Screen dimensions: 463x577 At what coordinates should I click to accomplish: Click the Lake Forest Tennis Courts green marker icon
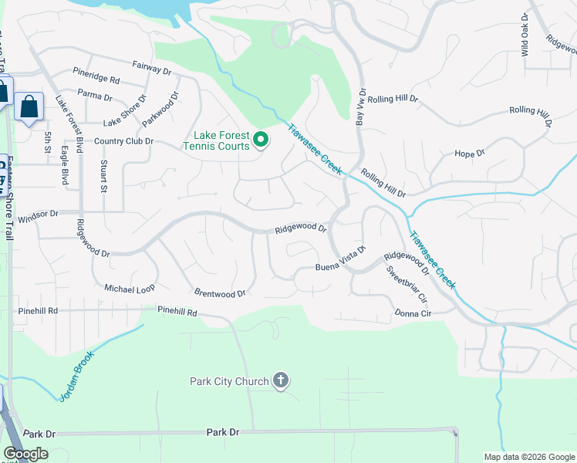[x=261, y=140]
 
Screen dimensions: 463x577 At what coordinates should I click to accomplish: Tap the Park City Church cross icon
[x=281, y=381]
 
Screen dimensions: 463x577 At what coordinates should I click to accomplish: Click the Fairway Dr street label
[x=151, y=69]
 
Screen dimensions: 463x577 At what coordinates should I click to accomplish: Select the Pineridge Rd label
[x=96, y=79]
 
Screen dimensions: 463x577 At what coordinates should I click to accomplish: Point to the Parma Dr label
[x=95, y=98]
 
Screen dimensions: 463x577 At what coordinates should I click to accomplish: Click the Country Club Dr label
[x=123, y=141]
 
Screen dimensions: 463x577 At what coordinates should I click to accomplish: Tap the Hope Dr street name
[x=469, y=154]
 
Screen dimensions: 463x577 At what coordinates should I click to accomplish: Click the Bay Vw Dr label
[x=359, y=107]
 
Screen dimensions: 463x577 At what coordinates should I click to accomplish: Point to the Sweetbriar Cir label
[x=407, y=284]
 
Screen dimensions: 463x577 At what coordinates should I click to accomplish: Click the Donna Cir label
[x=413, y=313]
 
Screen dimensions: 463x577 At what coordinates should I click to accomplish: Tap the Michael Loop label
[x=130, y=288]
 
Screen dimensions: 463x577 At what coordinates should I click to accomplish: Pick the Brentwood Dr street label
[x=220, y=293]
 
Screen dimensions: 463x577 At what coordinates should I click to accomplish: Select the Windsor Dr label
[x=38, y=216]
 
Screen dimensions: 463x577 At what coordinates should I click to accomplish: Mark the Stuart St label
[x=103, y=176]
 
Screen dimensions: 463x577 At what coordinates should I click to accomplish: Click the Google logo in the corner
[x=25, y=454]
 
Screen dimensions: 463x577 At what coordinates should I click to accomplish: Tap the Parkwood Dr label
[x=165, y=109]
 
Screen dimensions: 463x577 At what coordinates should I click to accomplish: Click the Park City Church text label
[x=229, y=381]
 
